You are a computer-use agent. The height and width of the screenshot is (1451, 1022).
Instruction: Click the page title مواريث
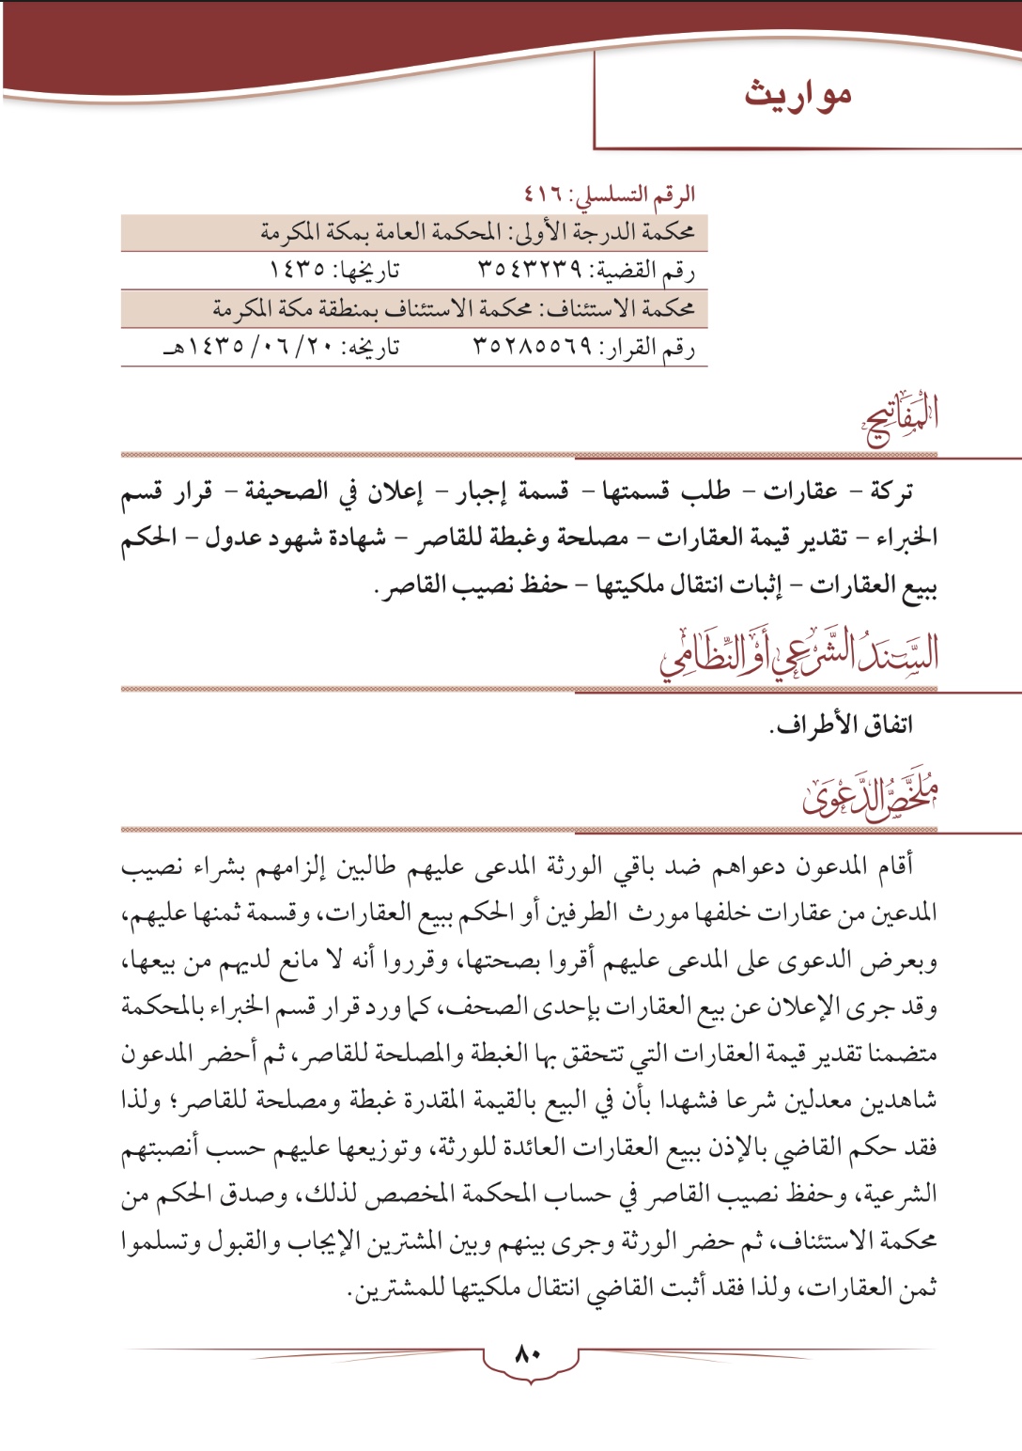[797, 94]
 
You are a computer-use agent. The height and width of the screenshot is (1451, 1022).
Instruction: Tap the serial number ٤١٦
[543, 195]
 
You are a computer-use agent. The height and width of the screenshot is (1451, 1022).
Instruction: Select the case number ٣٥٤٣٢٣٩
[530, 270]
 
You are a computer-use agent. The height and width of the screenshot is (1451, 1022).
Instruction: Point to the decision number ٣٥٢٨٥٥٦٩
[533, 347]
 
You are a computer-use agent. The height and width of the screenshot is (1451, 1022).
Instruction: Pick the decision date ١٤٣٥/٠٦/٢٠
[252, 347]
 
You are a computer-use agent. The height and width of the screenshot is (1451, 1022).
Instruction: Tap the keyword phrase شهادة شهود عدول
[295, 538]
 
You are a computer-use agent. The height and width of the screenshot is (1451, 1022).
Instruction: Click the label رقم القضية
[646, 271]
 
